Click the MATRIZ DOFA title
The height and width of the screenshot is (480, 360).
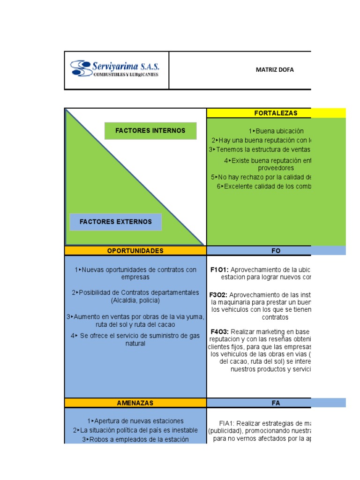[x=275, y=70]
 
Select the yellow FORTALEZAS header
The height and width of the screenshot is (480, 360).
[x=276, y=113]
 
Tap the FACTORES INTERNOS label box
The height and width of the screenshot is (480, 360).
[x=150, y=131]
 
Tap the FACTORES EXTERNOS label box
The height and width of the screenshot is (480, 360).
[x=115, y=222]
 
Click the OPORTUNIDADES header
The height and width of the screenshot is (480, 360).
[x=135, y=251]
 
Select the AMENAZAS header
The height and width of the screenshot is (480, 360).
[x=135, y=403]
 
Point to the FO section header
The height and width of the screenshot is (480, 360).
[x=276, y=251]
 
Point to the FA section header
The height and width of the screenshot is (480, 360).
[x=276, y=403]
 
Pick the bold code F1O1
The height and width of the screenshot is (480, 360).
[x=219, y=270]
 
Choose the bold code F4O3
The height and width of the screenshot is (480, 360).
[x=219, y=331]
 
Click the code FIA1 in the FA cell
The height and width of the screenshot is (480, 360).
[x=228, y=422]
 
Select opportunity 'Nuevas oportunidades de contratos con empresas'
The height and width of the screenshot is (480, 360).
[x=135, y=273]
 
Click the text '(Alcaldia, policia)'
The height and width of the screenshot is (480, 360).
[x=135, y=300]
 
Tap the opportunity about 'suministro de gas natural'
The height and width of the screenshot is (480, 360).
[x=135, y=339]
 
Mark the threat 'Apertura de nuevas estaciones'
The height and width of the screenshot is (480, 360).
[x=135, y=421]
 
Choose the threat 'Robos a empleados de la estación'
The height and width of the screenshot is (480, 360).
[x=135, y=439]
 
